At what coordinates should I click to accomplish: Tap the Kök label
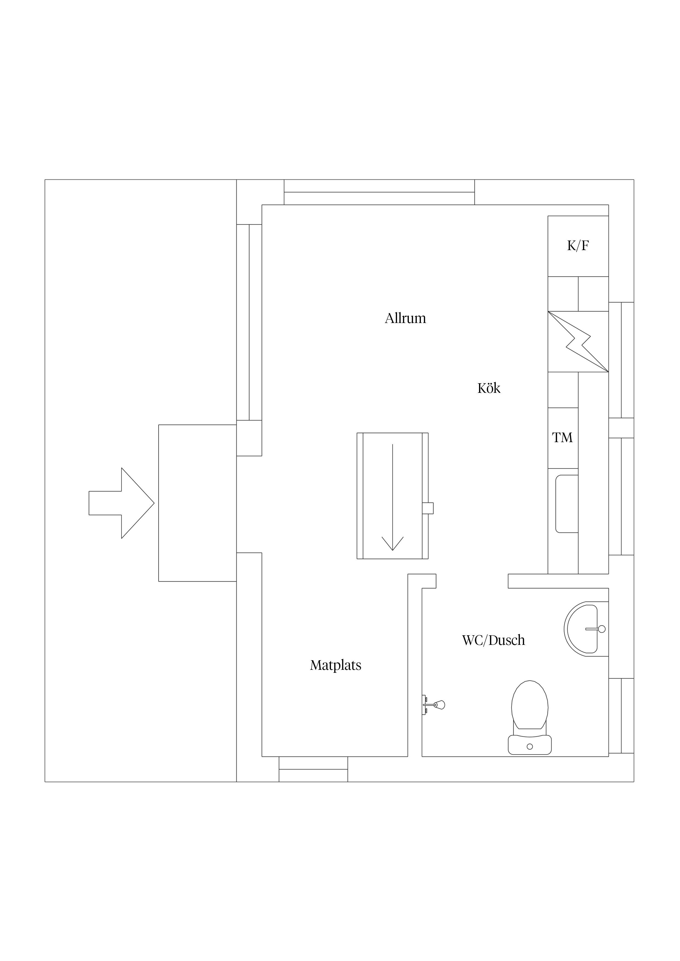pyautogui.click(x=489, y=388)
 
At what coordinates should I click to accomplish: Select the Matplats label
pyautogui.click(x=336, y=665)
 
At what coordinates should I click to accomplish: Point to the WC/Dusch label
pyautogui.click(x=493, y=640)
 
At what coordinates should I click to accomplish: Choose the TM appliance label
pyautogui.click(x=562, y=437)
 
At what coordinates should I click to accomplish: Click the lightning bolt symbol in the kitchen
pyautogui.click(x=578, y=342)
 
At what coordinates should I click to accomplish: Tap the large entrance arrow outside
pyautogui.click(x=121, y=503)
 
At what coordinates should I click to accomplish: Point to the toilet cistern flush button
pyautogui.click(x=529, y=747)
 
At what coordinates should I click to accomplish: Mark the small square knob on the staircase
pyautogui.click(x=428, y=508)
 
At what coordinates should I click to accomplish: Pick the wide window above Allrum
pyautogui.click(x=379, y=192)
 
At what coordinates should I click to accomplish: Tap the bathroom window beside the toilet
pyautogui.click(x=621, y=716)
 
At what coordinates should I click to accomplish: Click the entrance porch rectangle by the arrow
pyautogui.click(x=197, y=503)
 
